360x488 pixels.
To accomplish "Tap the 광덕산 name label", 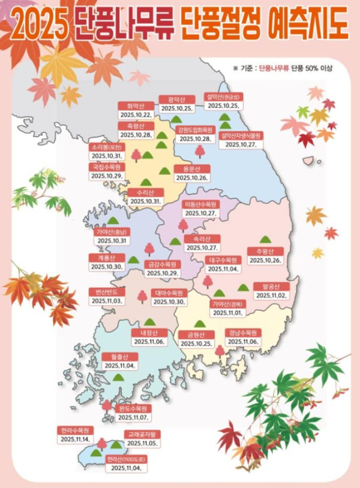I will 176,100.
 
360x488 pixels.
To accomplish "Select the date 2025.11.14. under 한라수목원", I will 75,439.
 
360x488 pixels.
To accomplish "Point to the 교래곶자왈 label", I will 142,433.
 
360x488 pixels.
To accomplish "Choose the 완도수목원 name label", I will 133,408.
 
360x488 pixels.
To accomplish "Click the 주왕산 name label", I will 265,251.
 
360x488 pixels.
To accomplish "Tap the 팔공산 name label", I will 272,287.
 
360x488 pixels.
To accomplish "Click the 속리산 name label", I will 202,239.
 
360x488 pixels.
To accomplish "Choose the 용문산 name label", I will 191,168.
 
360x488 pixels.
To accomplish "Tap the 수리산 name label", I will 146,192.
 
